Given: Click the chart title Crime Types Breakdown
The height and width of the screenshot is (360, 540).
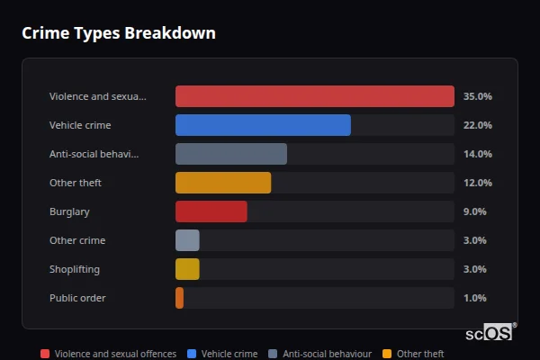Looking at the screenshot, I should tap(118, 33).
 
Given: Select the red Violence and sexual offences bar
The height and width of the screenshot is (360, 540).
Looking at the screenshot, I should tap(314, 96).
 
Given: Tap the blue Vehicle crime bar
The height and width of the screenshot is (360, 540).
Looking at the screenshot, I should tap(263, 125).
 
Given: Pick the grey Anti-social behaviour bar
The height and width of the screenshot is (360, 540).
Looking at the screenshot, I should tap(231, 154).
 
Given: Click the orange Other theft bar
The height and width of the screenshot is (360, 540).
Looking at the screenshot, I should tap(223, 183).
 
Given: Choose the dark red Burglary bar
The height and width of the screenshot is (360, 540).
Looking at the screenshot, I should tap(211, 211).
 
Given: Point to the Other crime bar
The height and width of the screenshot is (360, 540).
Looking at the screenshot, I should tap(187, 240).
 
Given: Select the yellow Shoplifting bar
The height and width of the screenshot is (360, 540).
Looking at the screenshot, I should tap(187, 269).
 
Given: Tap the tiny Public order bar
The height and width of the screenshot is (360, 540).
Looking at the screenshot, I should tap(180, 298).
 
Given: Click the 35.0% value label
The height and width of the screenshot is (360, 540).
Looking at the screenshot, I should tap(477, 96).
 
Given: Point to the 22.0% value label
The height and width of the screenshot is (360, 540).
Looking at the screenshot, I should tap(477, 125).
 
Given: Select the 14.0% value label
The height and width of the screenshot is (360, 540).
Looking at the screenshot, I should tap(477, 154).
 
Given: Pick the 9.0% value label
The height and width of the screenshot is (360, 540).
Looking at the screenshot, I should tap(474, 211).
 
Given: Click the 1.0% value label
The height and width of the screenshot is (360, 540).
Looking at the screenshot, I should tap(474, 298).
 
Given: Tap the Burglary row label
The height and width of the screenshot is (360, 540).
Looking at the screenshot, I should tap(70, 211).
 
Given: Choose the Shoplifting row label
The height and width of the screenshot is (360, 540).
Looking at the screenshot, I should tap(75, 269).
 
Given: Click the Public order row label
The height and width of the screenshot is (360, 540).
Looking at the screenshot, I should tap(77, 298).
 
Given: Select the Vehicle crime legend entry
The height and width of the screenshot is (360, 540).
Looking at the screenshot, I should tap(222, 354).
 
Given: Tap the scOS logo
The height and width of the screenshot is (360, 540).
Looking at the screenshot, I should tap(490, 332).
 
